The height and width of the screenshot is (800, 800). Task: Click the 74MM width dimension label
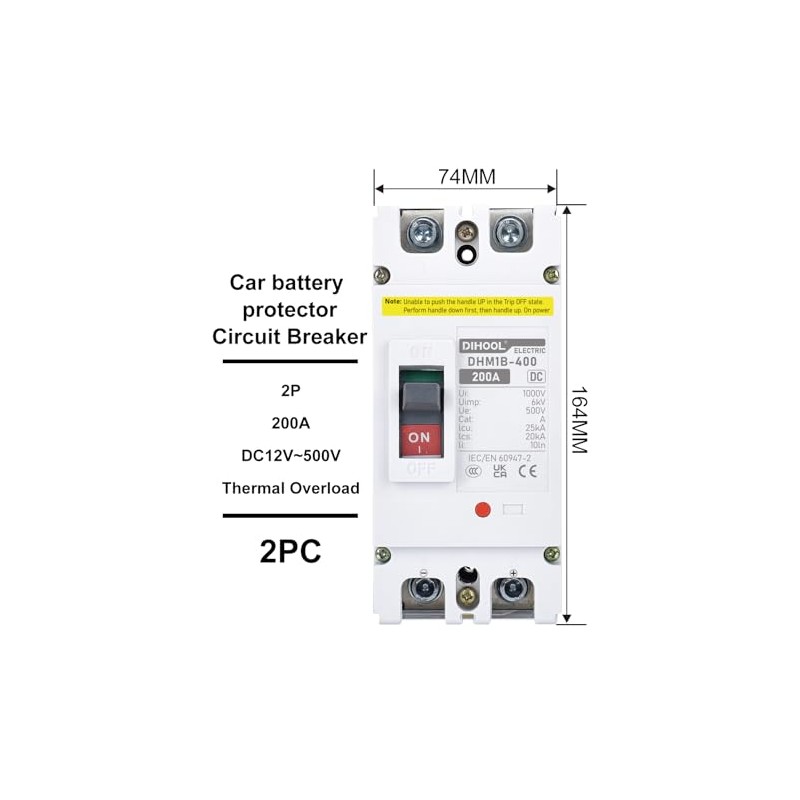point(466,177)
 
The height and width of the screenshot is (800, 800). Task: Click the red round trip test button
point(481,510)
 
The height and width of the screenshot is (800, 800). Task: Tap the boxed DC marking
point(534,377)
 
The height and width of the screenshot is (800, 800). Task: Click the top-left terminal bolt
point(422,234)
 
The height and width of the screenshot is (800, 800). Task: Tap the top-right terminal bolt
point(508,234)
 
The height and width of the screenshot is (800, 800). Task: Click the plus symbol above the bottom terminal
point(513,572)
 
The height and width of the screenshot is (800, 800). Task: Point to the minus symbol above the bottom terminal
point(423,573)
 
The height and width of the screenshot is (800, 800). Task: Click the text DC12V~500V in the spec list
point(290,455)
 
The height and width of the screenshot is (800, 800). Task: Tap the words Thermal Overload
point(290,488)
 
